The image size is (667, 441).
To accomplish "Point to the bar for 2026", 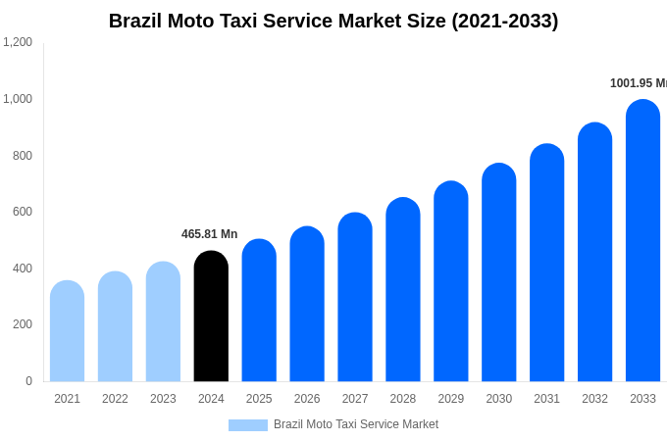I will tap(307, 304).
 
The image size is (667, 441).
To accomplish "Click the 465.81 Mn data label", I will tap(209, 234).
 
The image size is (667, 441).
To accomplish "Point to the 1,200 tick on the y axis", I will tap(18, 42).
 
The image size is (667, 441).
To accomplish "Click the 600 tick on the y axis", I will tap(22, 212).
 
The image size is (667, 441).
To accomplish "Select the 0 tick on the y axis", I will tap(28, 381).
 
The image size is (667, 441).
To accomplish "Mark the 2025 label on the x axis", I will tap(259, 399).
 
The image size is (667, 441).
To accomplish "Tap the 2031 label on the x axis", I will tap(546, 399).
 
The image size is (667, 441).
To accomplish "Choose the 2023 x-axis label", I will tap(163, 399).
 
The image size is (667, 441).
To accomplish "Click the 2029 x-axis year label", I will tap(450, 399).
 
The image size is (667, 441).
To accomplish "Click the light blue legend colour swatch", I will tap(247, 425).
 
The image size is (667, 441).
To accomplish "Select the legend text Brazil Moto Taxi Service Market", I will tap(355, 424).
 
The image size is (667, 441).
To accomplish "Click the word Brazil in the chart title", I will tap(135, 21).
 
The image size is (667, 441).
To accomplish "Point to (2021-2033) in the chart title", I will tap(504, 21).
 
